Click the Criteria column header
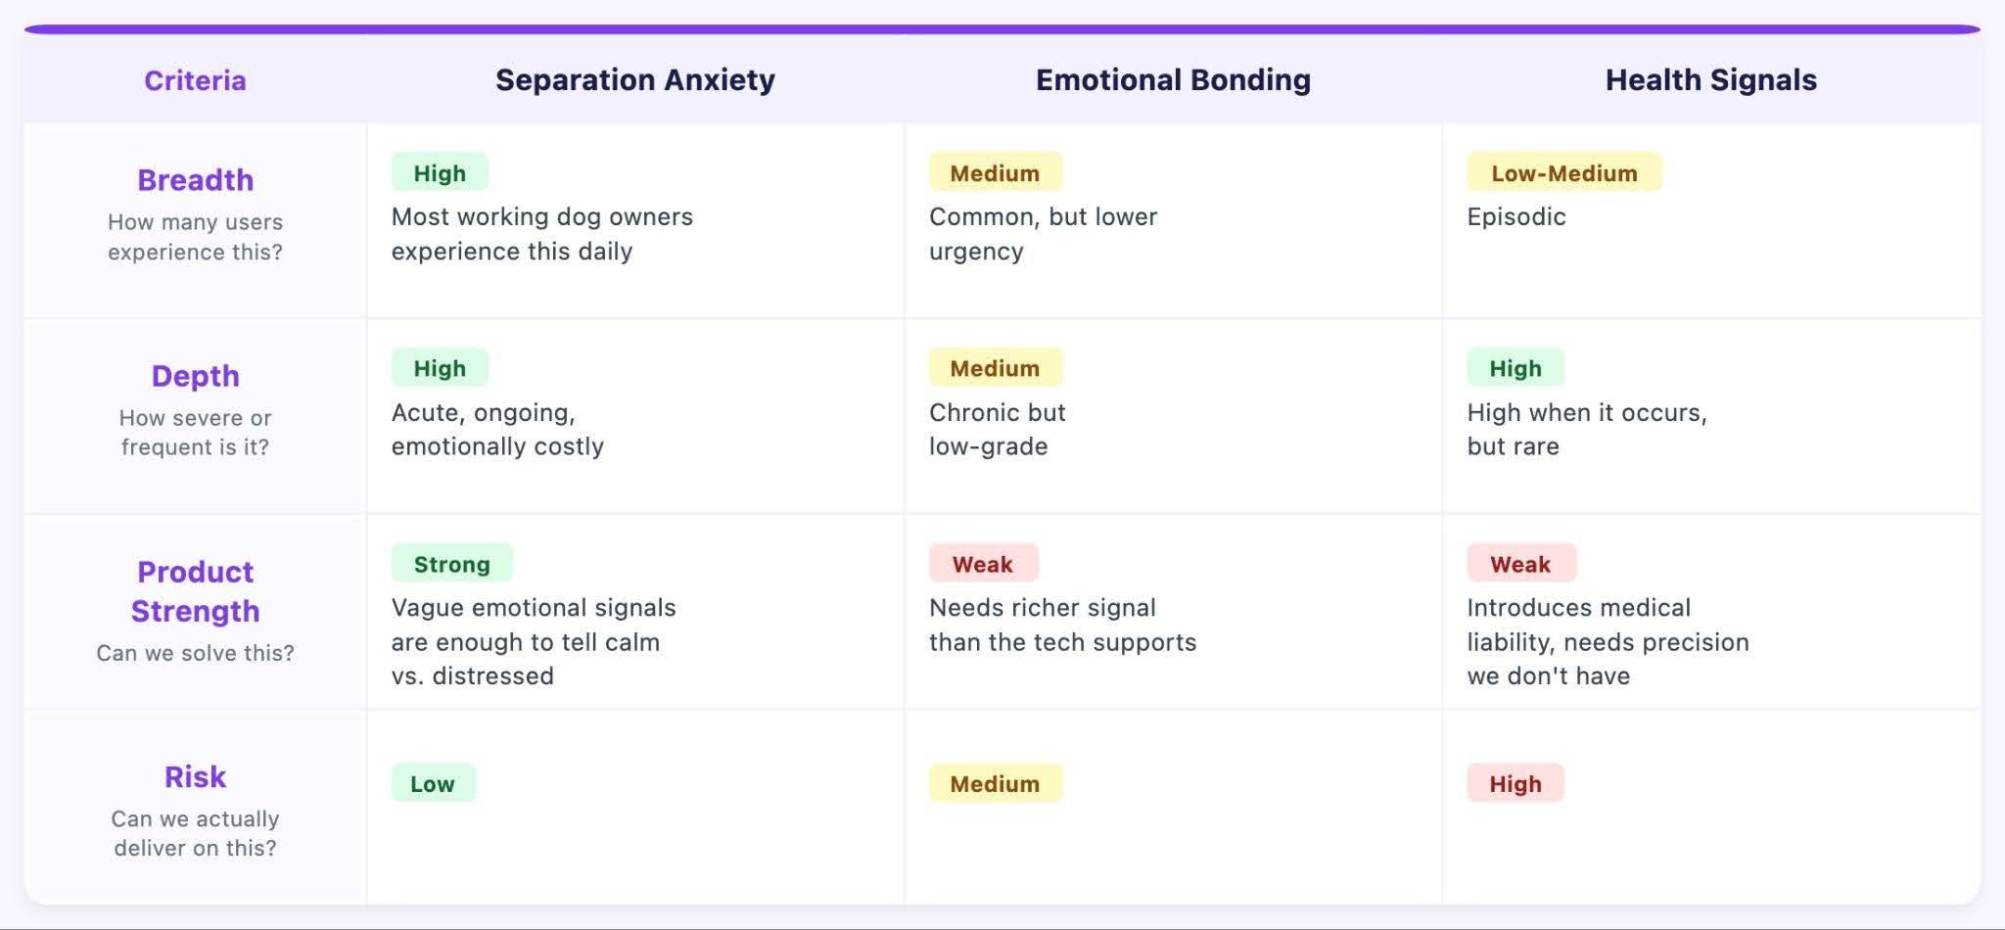[x=195, y=80]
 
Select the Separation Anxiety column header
[x=635, y=80]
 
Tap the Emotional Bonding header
[x=1173, y=80]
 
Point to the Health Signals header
[x=1711, y=80]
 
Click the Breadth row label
[x=195, y=180]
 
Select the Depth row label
[x=195, y=376]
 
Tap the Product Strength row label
[x=195, y=591]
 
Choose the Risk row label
[x=195, y=776]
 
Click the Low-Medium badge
[x=1563, y=172]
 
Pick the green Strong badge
[x=451, y=563]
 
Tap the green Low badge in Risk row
[x=433, y=783]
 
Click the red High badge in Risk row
[x=1515, y=783]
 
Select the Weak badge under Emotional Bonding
[x=983, y=563]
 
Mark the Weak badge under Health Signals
[x=1520, y=563]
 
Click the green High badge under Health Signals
[x=1515, y=367]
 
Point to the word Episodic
[x=1516, y=217]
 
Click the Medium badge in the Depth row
[x=995, y=367]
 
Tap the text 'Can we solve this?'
[x=195, y=653]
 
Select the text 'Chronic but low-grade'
[x=997, y=429]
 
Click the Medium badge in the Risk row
[x=995, y=783]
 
